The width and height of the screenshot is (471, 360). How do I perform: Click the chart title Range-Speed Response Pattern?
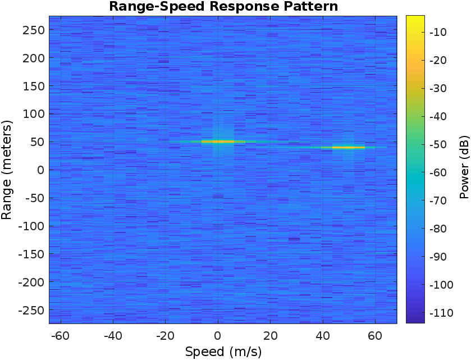(223, 7)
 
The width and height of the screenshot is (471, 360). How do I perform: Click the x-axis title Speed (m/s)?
(223, 352)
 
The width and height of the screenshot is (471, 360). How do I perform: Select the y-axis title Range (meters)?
(7, 169)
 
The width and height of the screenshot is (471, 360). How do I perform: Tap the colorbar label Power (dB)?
(464, 169)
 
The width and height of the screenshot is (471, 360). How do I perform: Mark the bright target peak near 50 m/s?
(348, 147)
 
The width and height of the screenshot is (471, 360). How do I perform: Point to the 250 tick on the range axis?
(34, 30)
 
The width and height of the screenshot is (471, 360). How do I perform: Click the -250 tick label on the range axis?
(32, 309)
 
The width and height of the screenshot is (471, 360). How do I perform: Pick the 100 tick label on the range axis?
(34, 114)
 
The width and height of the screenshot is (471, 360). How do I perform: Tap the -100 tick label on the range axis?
(32, 226)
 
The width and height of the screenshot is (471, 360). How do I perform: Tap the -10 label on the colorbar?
(438, 32)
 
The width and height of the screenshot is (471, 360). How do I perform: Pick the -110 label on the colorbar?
(440, 313)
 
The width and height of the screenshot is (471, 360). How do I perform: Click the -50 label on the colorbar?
(438, 144)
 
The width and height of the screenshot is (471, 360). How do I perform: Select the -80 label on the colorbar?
(438, 229)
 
